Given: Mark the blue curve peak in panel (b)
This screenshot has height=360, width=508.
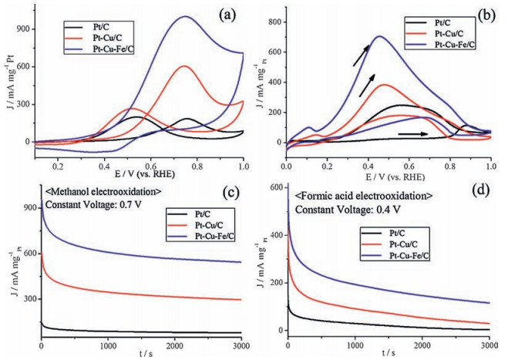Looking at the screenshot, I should tap(378, 36).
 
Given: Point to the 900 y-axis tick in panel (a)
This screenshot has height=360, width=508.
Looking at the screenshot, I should tap(22, 29).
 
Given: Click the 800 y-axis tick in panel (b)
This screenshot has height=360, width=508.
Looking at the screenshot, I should tap(272, 22).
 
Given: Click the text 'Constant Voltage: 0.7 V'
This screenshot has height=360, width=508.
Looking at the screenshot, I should tap(92, 206).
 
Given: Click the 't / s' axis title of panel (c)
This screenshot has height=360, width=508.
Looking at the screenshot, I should tap(143, 354).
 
